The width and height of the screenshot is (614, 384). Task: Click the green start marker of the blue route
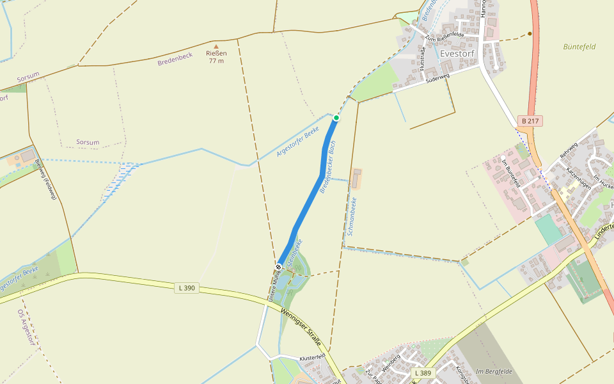coord(336,118)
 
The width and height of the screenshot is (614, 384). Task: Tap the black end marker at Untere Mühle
coord(279,266)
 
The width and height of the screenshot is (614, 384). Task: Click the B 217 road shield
coord(530,121)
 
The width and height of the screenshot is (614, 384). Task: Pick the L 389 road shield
coord(423,373)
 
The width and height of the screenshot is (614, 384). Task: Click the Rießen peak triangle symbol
coord(216,46)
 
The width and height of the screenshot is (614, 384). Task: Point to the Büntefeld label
coord(579,47)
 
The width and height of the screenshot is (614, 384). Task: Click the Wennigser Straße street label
coord(301,326)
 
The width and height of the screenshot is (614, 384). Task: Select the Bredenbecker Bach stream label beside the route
coord(328,168)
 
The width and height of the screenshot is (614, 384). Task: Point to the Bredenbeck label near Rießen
coord(175,60)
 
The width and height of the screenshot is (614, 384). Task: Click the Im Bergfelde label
coord(494,372)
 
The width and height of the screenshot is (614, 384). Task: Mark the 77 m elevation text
coord(216,61)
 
